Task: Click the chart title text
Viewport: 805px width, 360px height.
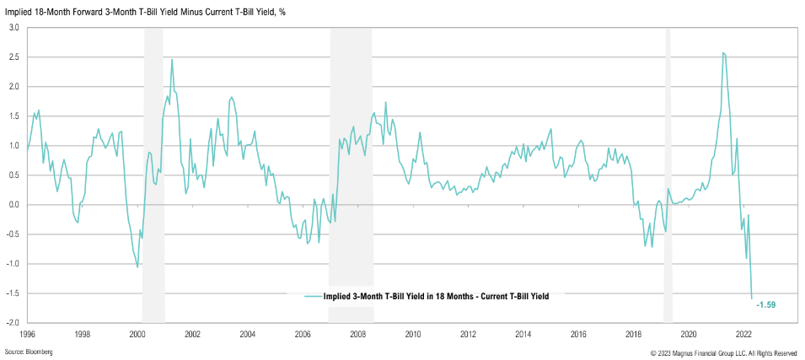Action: [146, 11]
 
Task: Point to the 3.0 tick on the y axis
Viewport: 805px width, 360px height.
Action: [14, 27]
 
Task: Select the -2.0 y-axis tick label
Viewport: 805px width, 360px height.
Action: [13, 323]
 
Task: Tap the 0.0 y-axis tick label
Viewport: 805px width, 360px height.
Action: [14, 204]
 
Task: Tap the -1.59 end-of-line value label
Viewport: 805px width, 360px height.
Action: [765, 304]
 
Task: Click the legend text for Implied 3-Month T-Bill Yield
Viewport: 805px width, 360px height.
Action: [437, 296]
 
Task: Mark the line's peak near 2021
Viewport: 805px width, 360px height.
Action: [723, 53]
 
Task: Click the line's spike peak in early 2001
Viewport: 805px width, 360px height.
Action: [172, 60]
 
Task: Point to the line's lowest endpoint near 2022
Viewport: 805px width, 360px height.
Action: [752, 298]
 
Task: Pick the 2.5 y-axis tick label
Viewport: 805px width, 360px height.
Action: [14, 56]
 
